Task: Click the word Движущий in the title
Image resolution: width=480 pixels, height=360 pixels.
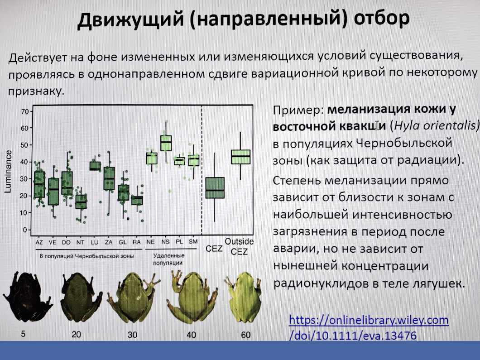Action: coord(130,19)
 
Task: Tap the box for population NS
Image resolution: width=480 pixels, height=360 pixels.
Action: coord(166,143)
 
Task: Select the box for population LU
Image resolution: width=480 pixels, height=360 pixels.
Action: coord(95,166)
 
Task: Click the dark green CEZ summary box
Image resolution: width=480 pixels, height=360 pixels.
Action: coord(215,187)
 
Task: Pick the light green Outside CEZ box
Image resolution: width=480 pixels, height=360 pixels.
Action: coord(240,157)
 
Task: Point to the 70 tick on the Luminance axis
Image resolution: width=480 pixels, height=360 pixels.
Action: coord(25,111)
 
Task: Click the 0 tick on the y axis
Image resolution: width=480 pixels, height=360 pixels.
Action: coord(25,230)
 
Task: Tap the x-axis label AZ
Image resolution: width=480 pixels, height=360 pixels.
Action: coord(39,242)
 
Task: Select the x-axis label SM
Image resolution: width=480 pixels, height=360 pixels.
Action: coord(193,242)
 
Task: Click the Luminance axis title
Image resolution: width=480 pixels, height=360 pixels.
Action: coord(8,171)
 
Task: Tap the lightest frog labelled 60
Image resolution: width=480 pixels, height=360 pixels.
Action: coord(243,297)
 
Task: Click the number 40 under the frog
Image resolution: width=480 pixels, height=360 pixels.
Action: coord(192,335)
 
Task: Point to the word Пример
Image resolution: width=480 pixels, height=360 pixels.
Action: coord(298,110)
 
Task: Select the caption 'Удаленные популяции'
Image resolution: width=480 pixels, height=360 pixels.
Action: coord(168,259)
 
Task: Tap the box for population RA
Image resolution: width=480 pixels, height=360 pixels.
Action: coord(137,200)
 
